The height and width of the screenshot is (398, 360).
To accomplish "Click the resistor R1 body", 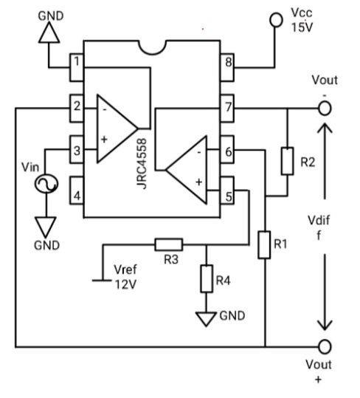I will pos(264,244).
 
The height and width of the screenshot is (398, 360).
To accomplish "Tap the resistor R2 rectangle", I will pos(288,160).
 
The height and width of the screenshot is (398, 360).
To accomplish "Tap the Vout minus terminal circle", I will pos(324,108).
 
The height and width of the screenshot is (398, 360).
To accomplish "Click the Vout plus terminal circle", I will pos(324,346).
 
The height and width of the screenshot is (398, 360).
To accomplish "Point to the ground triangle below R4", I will pos(207,318).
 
